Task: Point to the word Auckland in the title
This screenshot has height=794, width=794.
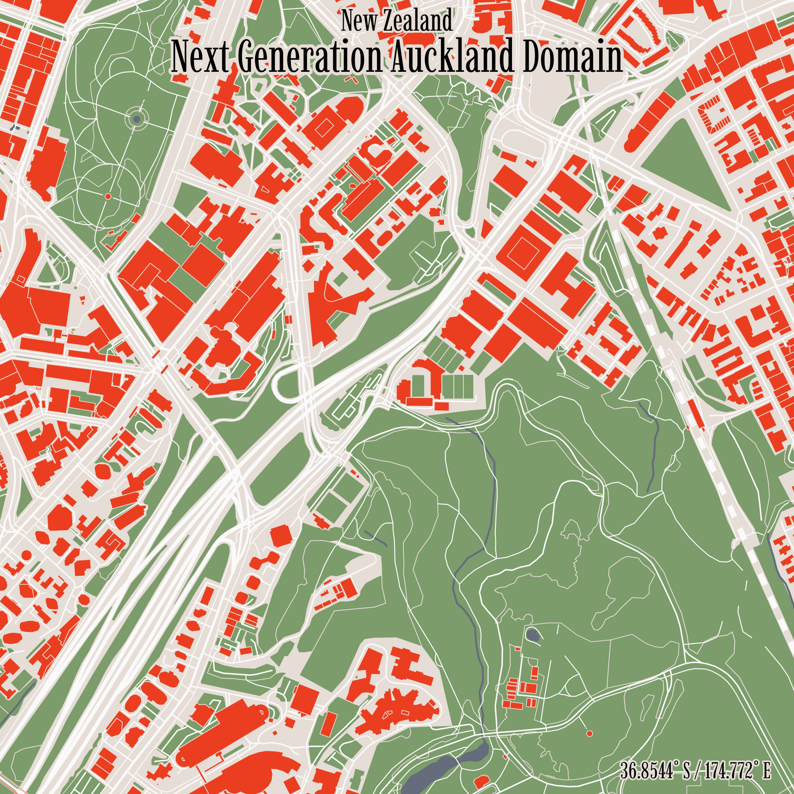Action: [x=452, y=58]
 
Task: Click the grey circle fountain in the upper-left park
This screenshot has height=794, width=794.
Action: [x=137, y=119]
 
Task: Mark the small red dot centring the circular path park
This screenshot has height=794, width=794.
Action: [x=108, y=196]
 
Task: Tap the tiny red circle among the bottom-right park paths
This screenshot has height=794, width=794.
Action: [x=589, y=733]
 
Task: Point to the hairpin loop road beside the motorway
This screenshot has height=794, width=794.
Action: [x=284, y=384]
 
